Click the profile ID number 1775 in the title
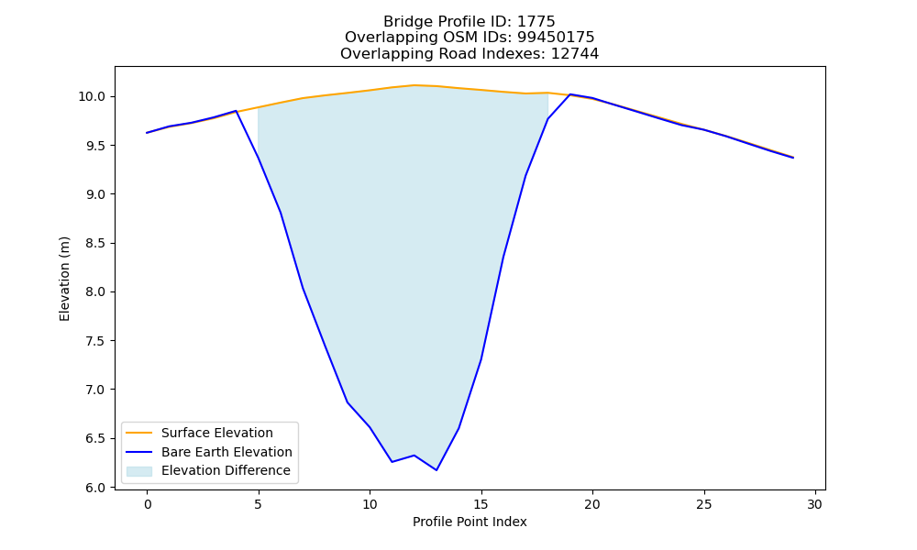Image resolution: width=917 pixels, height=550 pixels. (536, 22)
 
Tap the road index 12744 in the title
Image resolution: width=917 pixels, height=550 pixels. (575, 54)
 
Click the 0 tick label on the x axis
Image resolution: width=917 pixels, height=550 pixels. (148, 504)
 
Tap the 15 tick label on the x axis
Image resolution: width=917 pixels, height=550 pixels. (481, 504)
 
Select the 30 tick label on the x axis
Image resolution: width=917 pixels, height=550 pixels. (815, 504)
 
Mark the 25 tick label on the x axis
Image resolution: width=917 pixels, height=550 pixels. (704, 504)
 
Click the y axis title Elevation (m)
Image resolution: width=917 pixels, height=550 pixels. (64, 279)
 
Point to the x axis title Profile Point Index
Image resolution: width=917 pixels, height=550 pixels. (470, 522)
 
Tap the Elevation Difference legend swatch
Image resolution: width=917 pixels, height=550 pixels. (139, 471)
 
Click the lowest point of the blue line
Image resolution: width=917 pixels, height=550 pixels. (436, 470)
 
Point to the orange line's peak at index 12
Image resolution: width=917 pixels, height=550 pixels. (414, 85)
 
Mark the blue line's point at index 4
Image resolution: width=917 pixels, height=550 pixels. (236, 111)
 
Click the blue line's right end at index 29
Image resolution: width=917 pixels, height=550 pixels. (793, 158)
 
